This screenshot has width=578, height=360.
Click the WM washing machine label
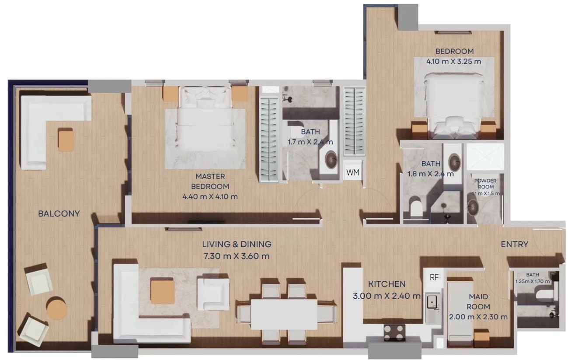(353, 172)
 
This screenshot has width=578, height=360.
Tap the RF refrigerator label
(434, 277)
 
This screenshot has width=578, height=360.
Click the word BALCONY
(59, 213)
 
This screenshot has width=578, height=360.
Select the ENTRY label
(515, 244)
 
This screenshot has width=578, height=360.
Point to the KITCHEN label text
(386, 284)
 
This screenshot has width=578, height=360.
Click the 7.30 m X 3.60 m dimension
(237, 256)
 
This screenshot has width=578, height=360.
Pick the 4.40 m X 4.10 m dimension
(210, 196)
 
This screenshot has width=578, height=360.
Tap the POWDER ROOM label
(485, 184)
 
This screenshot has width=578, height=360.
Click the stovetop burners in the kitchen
(394, 333)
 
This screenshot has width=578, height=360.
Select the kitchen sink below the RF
(432, 302)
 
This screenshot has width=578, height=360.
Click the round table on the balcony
(57, 308)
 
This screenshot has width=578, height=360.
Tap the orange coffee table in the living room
(163, 292)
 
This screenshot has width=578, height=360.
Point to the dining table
(284, 315)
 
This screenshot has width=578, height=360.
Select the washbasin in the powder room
(473, 207)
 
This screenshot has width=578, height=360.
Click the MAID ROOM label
(478, 302)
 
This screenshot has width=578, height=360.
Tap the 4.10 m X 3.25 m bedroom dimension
(454, 62)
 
